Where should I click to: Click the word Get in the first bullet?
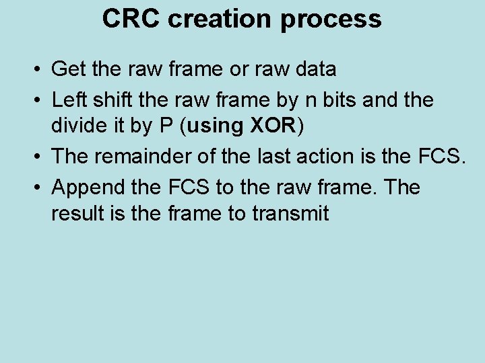click(67, 69)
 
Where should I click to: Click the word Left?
click(67, 99)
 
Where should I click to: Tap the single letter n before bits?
click(311, 101)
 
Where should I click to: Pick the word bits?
click(337, 99)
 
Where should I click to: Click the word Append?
click(84, 188)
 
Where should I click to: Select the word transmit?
click(291, 214)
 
